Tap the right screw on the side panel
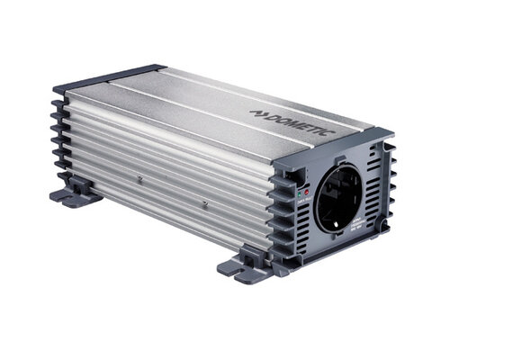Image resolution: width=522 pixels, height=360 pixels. [204, 204]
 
